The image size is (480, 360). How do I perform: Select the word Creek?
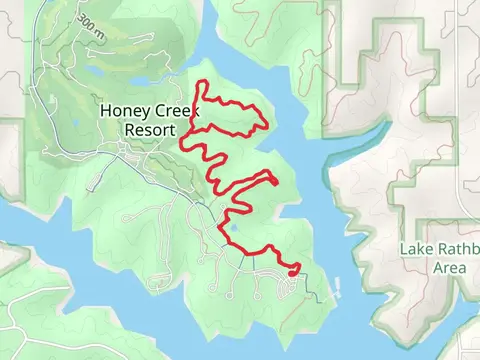(173, 112)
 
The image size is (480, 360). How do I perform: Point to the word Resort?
(150, 130)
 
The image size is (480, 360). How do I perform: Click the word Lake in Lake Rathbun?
(416, 249)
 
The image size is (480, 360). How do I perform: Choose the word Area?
(449, 267)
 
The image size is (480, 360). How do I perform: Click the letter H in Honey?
(105, 112)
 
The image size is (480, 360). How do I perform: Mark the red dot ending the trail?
(294, 268)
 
